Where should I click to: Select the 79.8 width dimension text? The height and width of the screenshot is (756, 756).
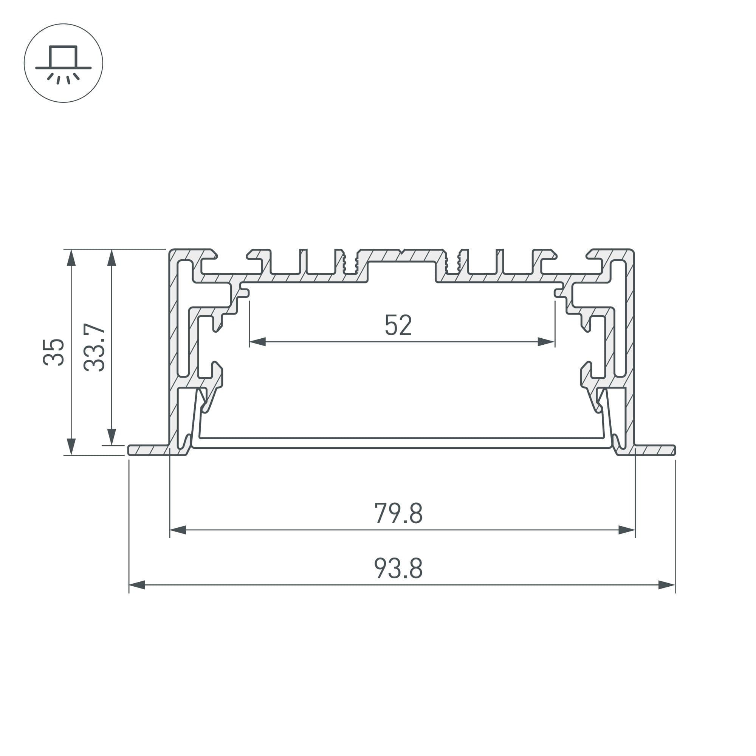(x=398, y=513)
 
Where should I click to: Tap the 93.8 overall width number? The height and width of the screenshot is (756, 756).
(x=398, y=568)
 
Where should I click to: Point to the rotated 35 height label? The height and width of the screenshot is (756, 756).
(x=54, y=352)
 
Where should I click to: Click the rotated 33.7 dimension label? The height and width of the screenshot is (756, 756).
(x=94, y=347)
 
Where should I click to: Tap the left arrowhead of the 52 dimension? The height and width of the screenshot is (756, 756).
(x=257, y=342)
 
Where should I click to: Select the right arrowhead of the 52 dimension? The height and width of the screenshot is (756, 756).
(x=546, y=342)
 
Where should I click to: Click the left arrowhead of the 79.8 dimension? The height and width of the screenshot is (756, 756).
(x=178, y=530)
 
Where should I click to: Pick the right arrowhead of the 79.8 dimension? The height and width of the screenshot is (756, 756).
(x=627, y=530)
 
